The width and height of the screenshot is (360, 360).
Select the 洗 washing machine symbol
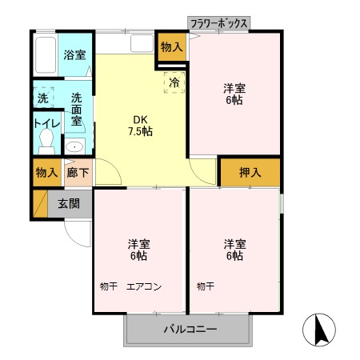[42, 98]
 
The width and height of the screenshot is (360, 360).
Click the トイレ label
[44, 124]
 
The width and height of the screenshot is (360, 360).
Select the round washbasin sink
[74, 146]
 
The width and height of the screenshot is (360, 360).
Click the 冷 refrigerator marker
[174, 80]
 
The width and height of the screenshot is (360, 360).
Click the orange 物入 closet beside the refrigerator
[171, 46]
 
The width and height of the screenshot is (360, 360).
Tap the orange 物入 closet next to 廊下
[46, 172]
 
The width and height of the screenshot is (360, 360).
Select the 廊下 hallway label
[78, 172]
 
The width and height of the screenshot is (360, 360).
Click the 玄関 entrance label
[69, 203]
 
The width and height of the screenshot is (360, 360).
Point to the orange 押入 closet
[250, 172]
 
